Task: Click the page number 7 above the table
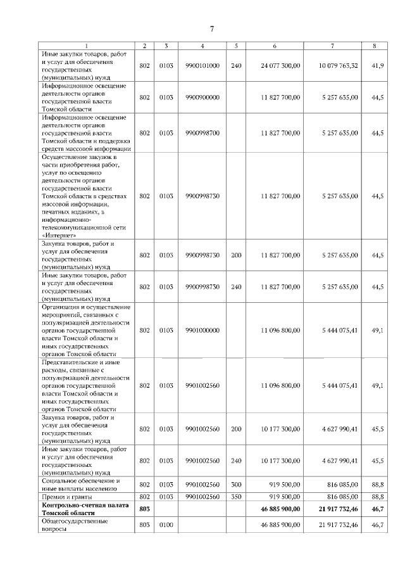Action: [211, 28]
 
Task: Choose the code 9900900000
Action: [202, 97]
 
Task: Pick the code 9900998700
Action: [202, 132]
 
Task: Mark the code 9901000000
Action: [202, 330]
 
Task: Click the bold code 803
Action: [145, 509]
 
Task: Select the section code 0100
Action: [166, 525]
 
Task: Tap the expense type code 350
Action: [237, 497]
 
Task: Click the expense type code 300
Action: [237, 485]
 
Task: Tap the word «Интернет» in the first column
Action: [57, 233]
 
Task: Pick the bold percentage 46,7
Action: [377, 509]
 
